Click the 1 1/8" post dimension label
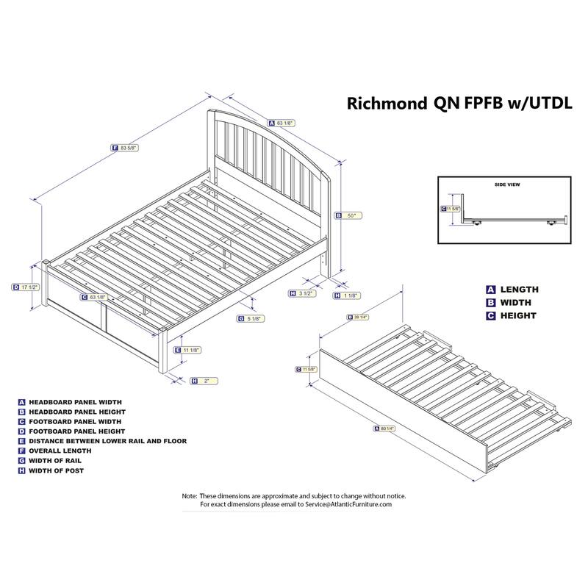tap(349, 295)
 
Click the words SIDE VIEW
tap(507, 184)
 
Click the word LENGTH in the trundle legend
tap(519, 290)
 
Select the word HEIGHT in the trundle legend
tap(518, 316)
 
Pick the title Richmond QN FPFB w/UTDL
tap(459, 104)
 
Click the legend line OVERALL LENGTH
tap(61, 451)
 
